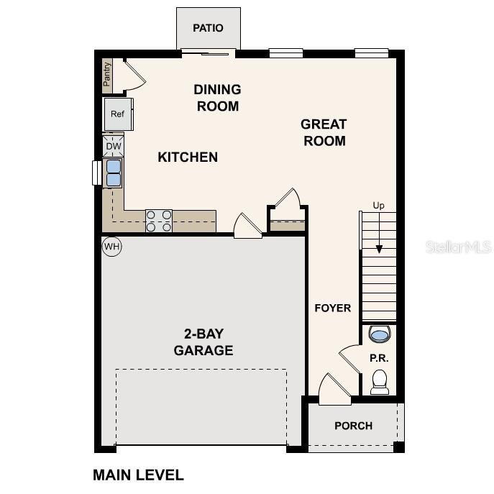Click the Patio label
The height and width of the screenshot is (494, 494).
(208, 28)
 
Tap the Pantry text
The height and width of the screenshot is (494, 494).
(107, 75)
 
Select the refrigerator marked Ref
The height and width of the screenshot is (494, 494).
(117, 114)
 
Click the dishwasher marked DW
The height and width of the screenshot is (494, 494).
(114, 146)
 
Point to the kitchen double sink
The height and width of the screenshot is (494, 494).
(114, 173)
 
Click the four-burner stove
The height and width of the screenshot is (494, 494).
(159, 221)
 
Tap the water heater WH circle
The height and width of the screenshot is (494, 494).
(111, 247)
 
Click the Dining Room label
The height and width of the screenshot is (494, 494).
(217, 98)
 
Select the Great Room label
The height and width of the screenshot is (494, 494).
(324, 132)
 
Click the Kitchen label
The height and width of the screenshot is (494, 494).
(188, 157)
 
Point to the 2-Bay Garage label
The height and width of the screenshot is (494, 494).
(203, 342)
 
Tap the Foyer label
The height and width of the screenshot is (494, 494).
(333, 308)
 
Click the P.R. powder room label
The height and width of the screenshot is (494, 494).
(379, 357)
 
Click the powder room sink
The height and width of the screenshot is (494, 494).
(379, 334)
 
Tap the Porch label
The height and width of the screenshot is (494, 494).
(353, 426)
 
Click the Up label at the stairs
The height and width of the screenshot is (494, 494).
(378, 206)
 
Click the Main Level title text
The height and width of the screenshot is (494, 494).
(138, 475)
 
